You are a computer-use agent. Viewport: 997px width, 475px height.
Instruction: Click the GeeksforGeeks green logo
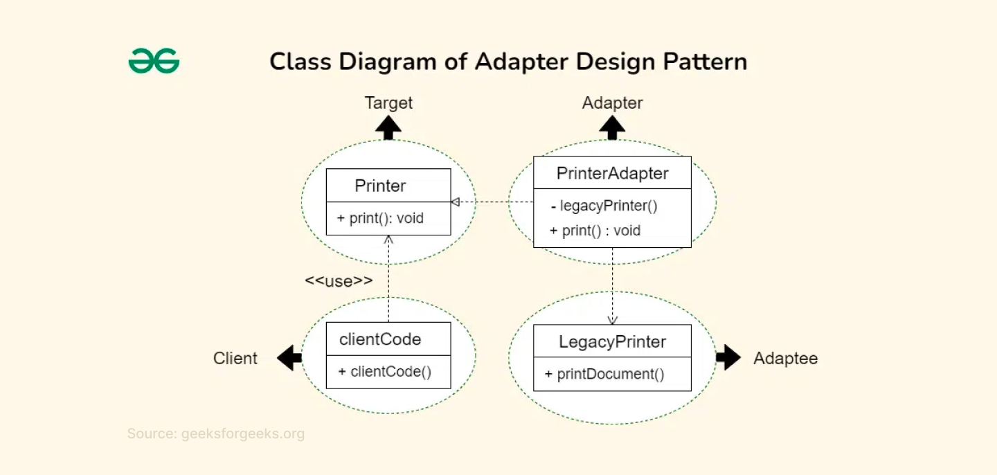pyautogui.click(x=154, y=61)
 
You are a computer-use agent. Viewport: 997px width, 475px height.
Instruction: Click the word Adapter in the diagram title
pyautogui.click(x=521, y=62)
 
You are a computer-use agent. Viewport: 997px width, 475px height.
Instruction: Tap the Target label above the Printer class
pyautogui.click(x=388, y=103)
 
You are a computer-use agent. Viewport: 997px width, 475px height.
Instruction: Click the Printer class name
pyautogui.click(x=380, y=186)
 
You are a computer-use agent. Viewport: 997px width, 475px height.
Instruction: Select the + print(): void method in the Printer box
pyautogui.click(x=380, y=218)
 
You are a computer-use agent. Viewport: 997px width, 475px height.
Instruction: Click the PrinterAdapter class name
pyautogui.click(x=612, y=173)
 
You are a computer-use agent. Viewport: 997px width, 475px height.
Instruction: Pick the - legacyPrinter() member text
pyautogui.click(x=604, y=206)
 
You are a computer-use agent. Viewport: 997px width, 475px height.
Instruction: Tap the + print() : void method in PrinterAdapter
pyautogui.click(x=595, y=231)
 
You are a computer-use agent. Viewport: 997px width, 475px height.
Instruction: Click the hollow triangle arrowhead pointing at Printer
pyautogui.click(x=456, y=202)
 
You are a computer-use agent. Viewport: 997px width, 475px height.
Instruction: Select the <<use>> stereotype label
pyautogui.click(x=339, y=280)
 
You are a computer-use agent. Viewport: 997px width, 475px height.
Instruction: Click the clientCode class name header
pyautogui.click(x=380, y=339)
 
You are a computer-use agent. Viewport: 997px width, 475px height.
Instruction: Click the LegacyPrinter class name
pyautogui.click(x=612, y=341)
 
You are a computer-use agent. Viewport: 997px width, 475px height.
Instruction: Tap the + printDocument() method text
pyautogui.click(x=604, y=374)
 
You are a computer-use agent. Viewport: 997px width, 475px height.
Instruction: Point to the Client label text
pyautogui.click(x=235, y=358)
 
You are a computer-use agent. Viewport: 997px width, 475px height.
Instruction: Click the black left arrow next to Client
pyautogui.click(x=289, y=358)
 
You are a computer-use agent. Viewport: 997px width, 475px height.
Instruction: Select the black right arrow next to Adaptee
pyautogui.click(x=728, y=357)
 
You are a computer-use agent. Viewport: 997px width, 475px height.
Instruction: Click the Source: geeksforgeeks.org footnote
pyautogui.click(x=215, y=434)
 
